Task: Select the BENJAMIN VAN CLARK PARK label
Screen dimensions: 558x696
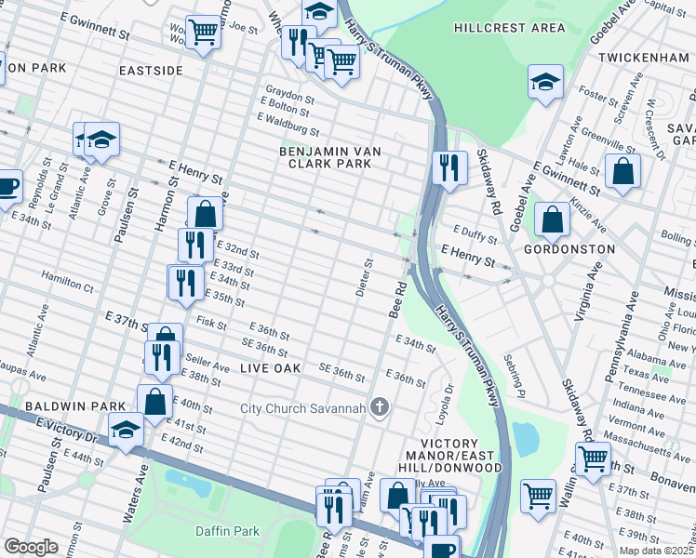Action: click(326, 156)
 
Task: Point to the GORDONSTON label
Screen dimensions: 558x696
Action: click(569, 249)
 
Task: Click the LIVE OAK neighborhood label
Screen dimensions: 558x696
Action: click(271, 369)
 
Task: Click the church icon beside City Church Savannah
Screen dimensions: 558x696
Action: click(379, 407)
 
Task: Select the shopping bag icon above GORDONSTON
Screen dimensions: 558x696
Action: click(552, 220)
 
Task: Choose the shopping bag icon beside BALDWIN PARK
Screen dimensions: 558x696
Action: click(154, 401)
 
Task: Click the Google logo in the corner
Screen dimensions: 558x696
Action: click(31, 547)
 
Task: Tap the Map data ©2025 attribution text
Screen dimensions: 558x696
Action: click(657, 551)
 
